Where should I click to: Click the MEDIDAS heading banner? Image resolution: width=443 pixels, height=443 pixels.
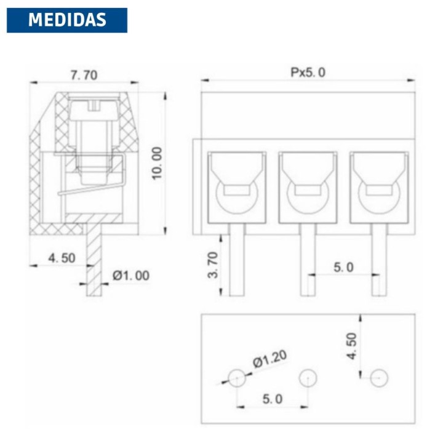point(66,20)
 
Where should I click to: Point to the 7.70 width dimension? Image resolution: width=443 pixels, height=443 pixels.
point(84,76)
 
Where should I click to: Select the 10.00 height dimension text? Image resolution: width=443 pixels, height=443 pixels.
point(158,163)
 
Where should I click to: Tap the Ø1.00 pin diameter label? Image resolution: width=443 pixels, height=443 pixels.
point(130,276)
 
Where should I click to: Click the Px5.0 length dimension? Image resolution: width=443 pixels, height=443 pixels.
point(308,72)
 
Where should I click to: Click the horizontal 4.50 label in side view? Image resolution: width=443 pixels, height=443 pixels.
point(62,258)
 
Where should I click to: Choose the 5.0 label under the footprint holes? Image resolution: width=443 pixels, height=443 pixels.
point(272,399)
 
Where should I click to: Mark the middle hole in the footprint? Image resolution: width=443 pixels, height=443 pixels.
point(308,377)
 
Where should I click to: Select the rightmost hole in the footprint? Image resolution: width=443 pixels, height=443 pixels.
point(379,377)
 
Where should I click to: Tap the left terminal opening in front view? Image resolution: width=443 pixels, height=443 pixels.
point(237,186)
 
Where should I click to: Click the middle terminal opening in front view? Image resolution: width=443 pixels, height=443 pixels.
point(308,186)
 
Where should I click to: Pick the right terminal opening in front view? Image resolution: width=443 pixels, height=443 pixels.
point(379,186)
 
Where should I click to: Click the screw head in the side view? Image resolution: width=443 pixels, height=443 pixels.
point(93,110)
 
